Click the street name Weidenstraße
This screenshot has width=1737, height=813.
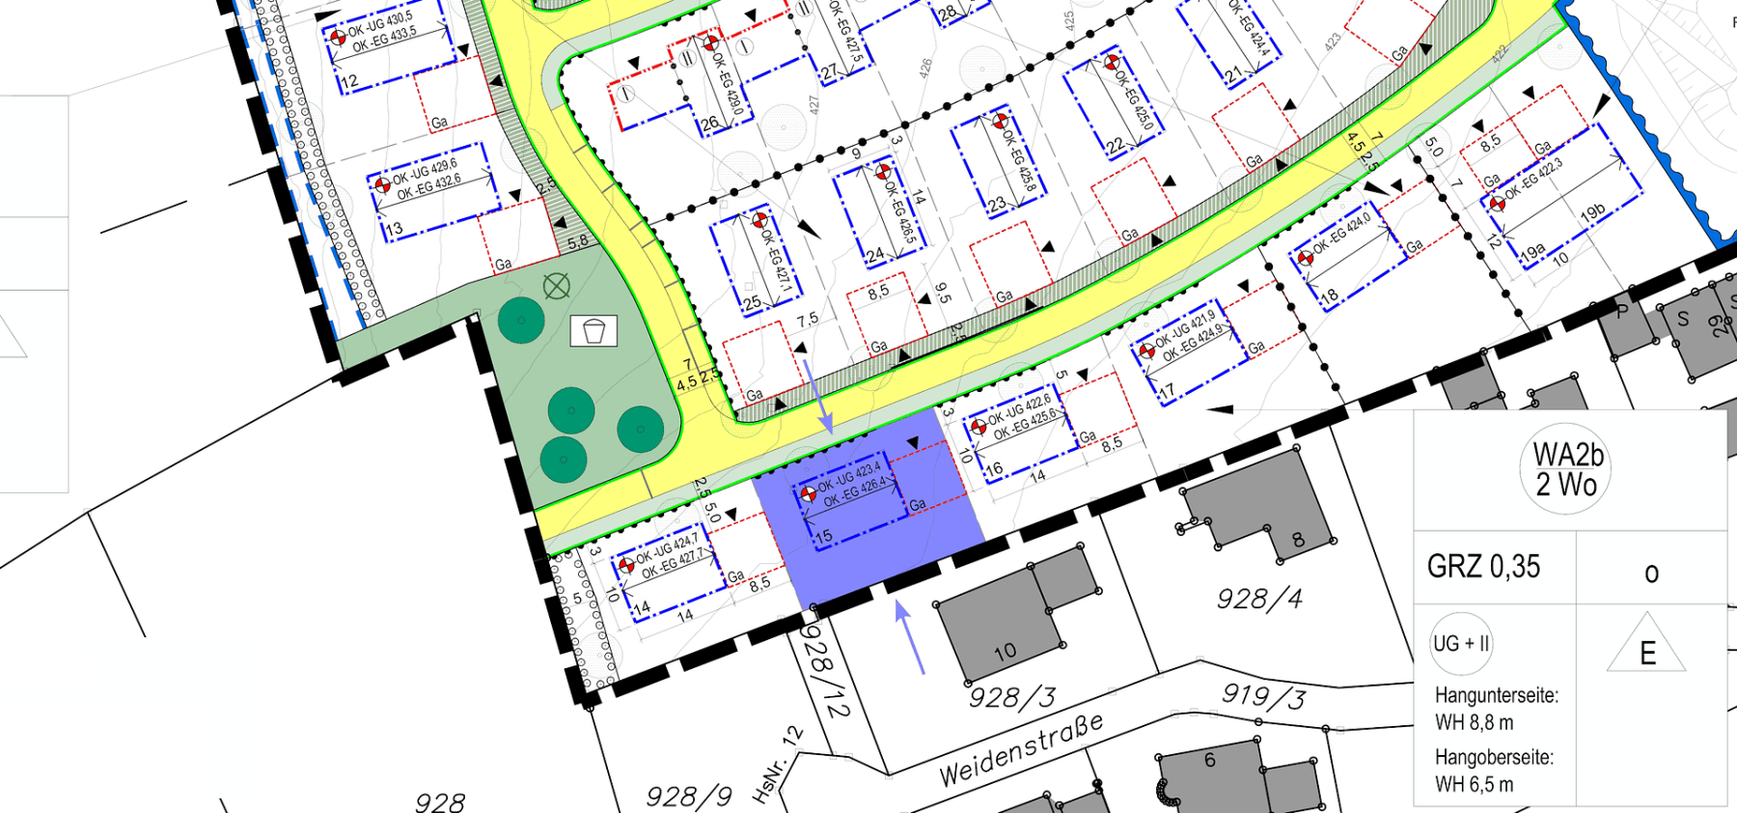point(1021,750)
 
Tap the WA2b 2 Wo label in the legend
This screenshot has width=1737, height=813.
point(1567,469)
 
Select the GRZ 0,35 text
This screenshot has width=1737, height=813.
point(1483,567)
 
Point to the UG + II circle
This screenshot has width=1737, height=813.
point(1461,643)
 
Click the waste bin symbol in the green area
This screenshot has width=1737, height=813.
point(593,331)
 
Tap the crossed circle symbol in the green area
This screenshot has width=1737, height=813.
point(557,286)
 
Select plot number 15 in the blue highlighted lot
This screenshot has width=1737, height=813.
point(823,536)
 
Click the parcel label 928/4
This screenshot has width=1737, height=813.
point(1258,600)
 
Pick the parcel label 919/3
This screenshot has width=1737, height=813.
point(1264,696)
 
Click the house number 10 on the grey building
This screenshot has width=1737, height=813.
point(1005,652)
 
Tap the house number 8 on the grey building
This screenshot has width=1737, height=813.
point(1298,540)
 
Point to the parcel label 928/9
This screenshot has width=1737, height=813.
point(689,797)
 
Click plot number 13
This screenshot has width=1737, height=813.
point(394,229)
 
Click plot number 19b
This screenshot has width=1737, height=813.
point(1593,212)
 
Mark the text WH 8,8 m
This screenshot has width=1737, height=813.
point(1474,722)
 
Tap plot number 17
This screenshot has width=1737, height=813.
point(1167,391)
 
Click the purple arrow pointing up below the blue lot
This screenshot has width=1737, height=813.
point(910,636)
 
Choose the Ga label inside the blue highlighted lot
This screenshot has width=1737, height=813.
point(918,504)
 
